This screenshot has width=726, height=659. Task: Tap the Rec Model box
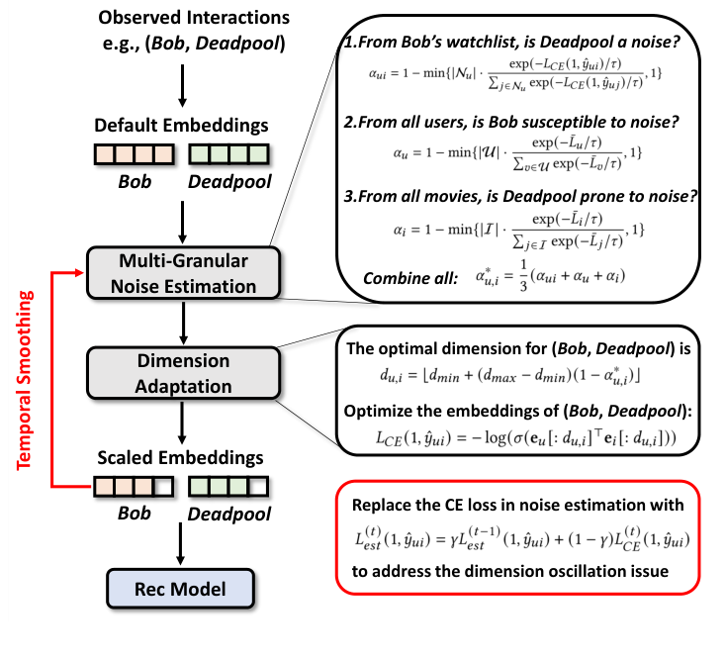[182, 590]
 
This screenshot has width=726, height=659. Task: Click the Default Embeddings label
[182, 128]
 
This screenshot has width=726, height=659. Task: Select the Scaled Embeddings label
[182, 460]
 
